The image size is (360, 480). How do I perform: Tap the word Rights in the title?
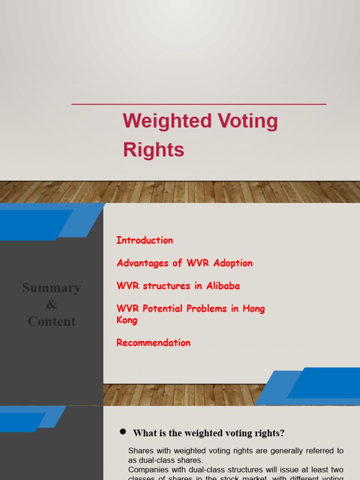point(153,150)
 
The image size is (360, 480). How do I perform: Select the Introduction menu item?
point(144,240)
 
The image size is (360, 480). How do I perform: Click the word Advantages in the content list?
point(143,263)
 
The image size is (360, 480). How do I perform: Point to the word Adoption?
point(232,263)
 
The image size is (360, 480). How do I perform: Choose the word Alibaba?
point(223,286)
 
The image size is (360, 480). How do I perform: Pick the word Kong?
point(127,320)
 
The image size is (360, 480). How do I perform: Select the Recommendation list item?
point(153,343)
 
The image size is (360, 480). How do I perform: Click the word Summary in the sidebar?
point(52,288)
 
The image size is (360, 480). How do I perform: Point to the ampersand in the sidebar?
point(52,305)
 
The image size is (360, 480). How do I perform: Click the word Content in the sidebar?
point(52,322)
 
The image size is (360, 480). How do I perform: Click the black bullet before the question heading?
point(123,432)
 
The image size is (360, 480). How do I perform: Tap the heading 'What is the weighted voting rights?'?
point(209,433)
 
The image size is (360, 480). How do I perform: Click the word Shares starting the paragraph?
point(140,451)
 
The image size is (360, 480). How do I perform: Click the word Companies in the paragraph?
point(148,470)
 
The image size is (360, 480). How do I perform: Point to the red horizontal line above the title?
point(199,104)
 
